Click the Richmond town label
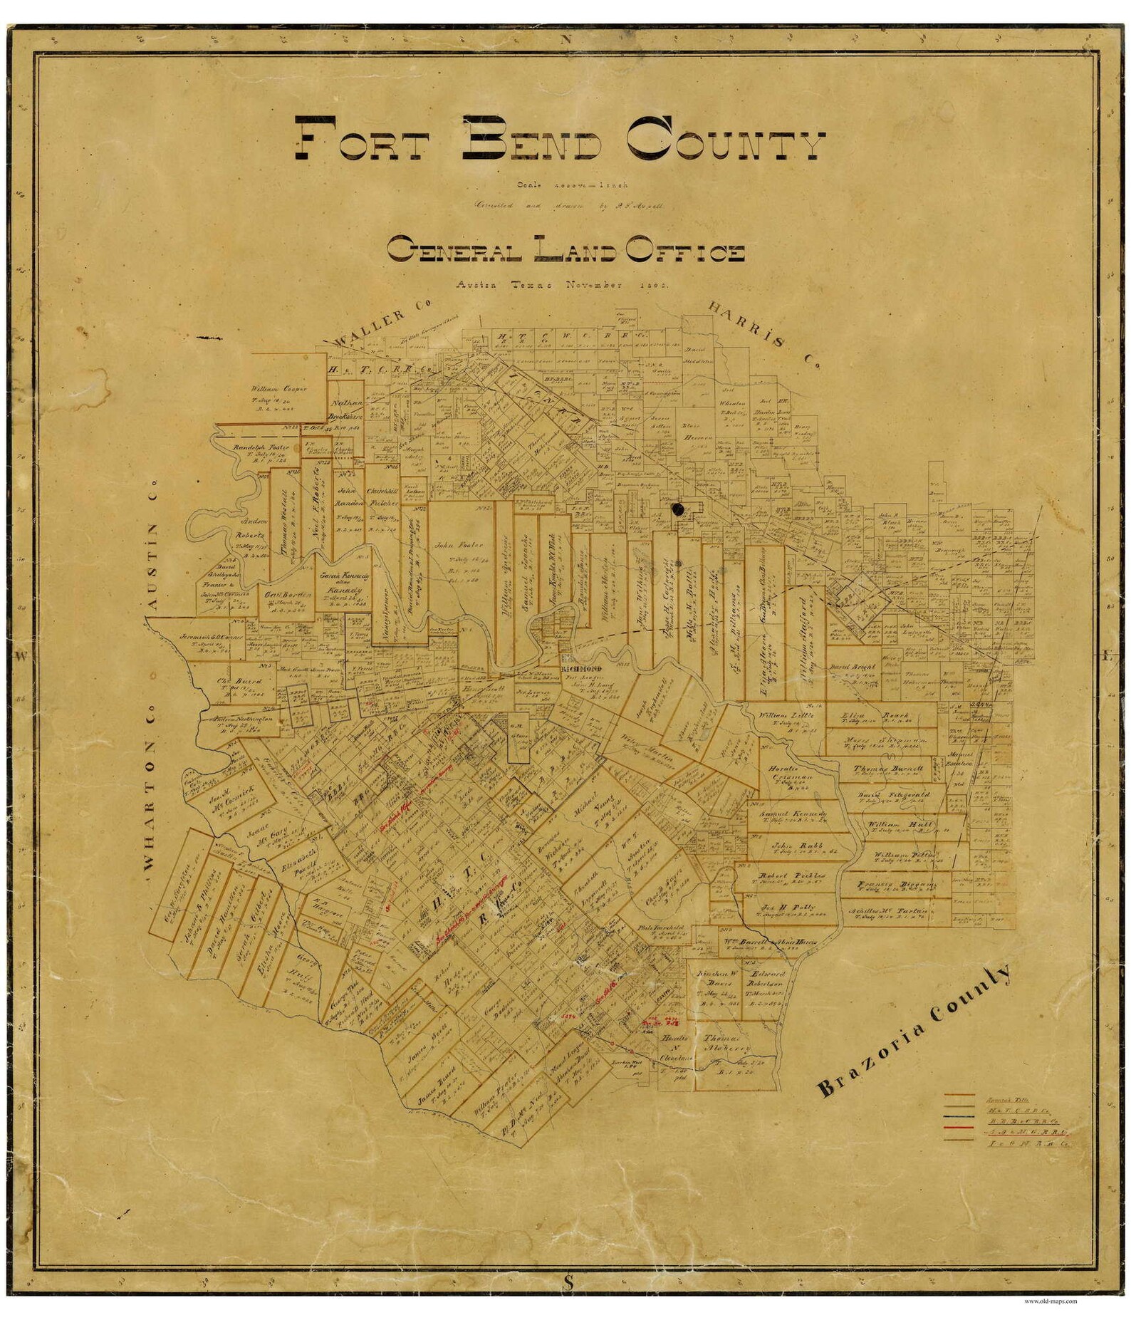click(x=582, y=668)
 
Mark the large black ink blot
click(x=677, y=509)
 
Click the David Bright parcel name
click(x=852, y=667)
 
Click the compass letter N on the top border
click(x=566, y=40)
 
